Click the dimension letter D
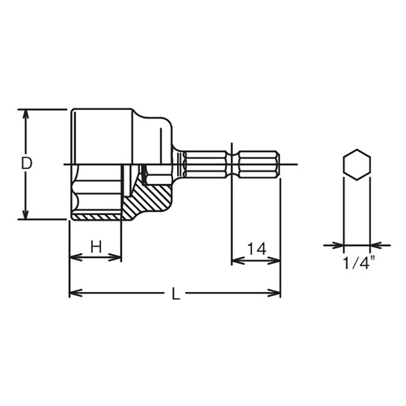click(x=26, y=163)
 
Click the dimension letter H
click(x=96, y=247)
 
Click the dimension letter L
click(x=176, y=294)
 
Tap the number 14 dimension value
click(x=257, y=249)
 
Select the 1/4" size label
click(x=358, y=264)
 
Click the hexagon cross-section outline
click(x=357, y=163)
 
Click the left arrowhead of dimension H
click(x=74, y=257)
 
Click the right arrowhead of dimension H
click(x=117, y=257)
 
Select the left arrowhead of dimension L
click(x=74, y=293)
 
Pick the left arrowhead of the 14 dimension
click(x=236, y=261)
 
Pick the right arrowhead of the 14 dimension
click(x=276, y=261)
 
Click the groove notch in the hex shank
click(x=232, y=163)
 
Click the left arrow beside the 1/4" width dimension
click(x=338, y=245)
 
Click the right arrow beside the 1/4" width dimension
click(x=376, y=245)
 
